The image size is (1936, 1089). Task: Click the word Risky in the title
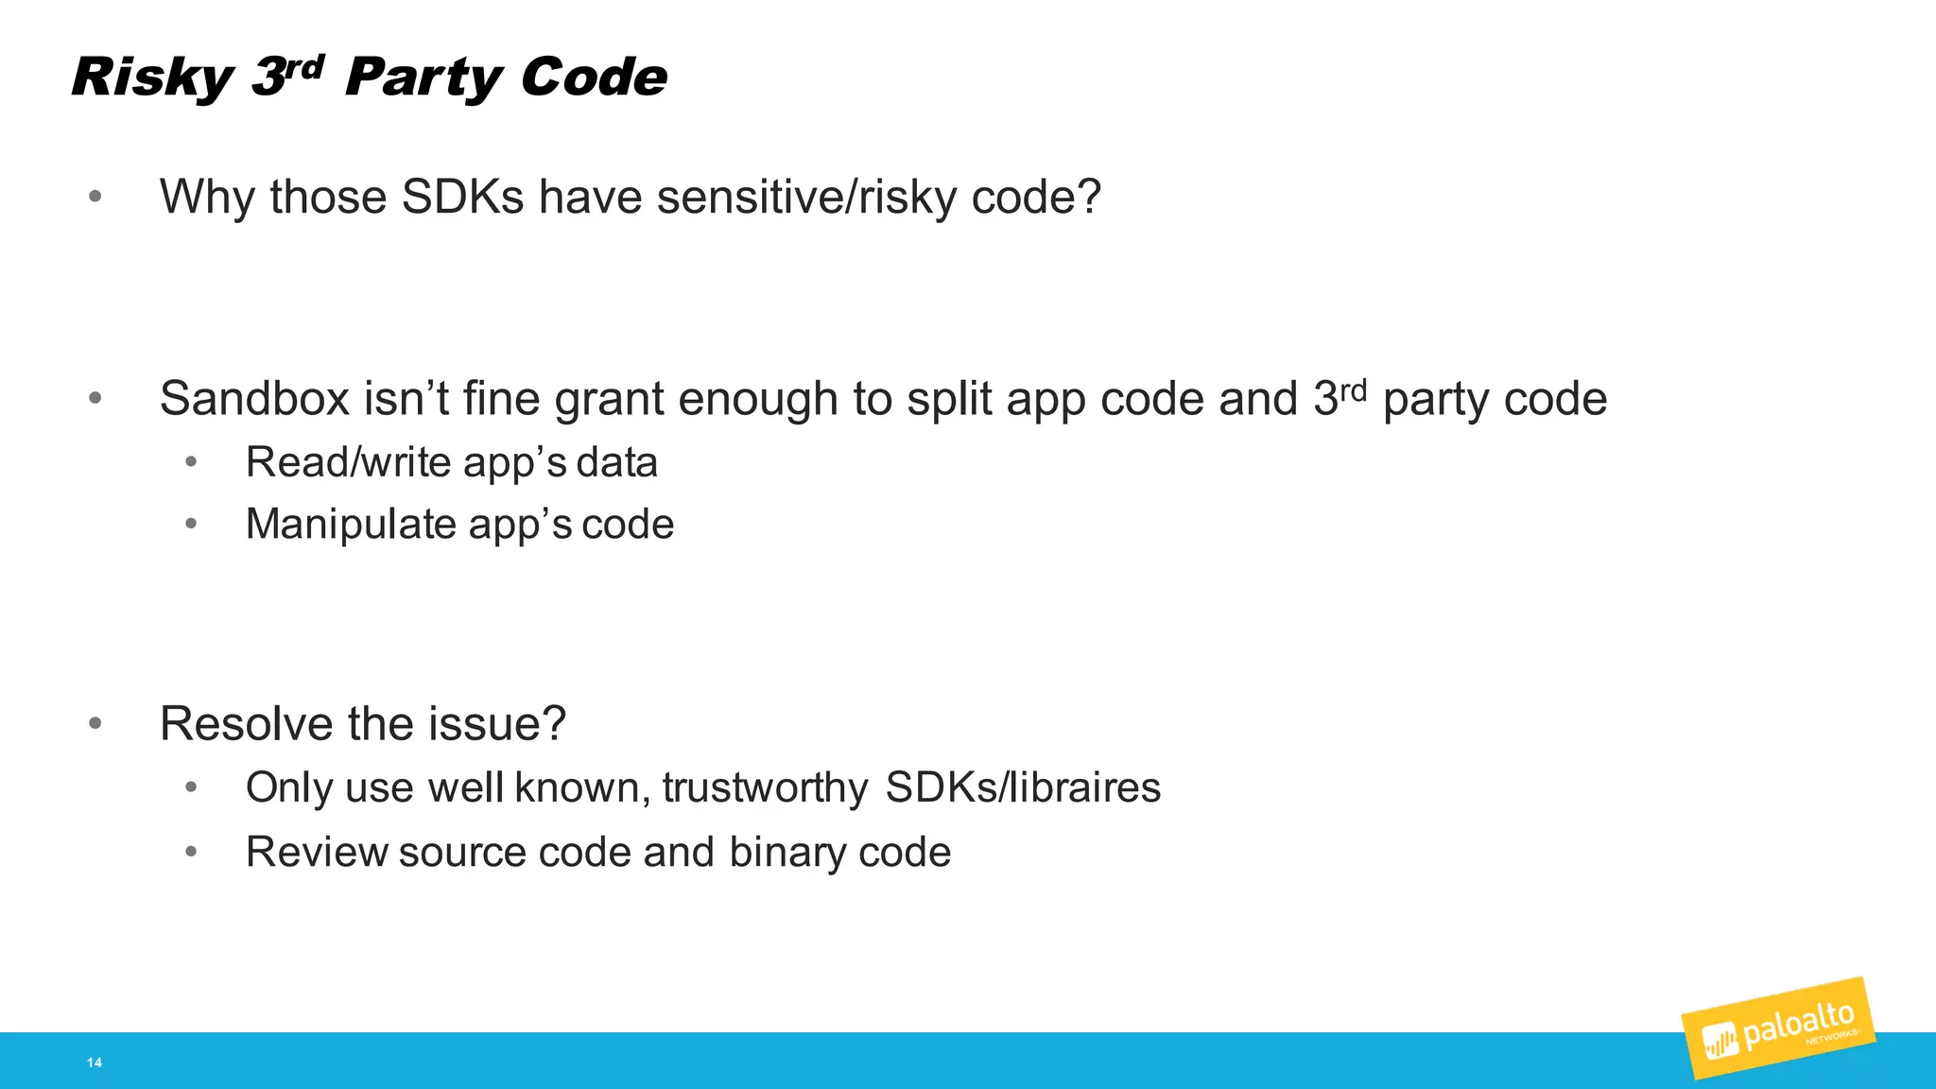151,78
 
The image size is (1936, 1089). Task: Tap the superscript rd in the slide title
304,66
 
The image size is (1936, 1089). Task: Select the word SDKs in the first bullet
462,198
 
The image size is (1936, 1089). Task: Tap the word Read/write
348,463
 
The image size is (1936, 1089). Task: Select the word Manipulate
351,525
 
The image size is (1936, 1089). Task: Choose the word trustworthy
765,788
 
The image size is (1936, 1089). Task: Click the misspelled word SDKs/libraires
1023,788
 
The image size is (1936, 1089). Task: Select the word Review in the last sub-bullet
316,853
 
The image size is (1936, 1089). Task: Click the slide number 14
95,1063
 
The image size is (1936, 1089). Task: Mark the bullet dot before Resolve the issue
95,724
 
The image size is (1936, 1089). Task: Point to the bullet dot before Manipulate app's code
191,524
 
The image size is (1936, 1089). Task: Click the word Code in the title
594,78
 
